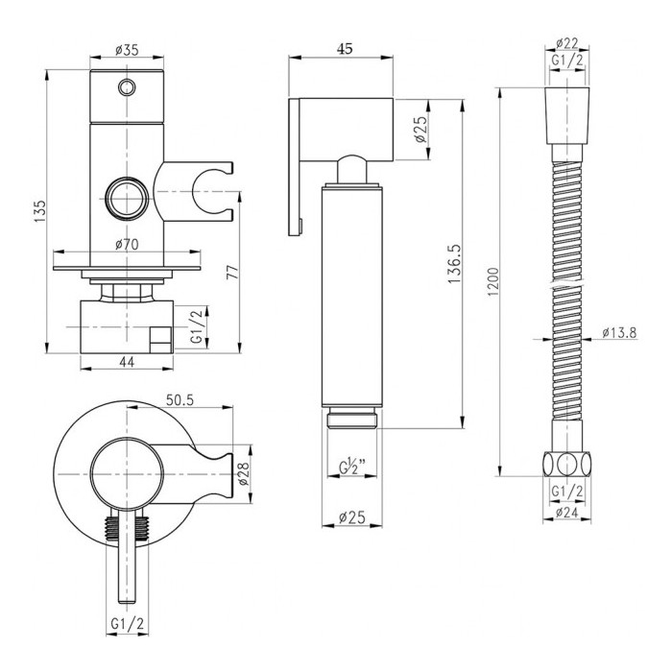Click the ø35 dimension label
pos(127,50)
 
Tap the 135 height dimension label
pos(40,211)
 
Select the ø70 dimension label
pos(127,244)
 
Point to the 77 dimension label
pos(231,273)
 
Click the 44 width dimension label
pos(127,362)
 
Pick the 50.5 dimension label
pos(180,400)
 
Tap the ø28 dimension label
pos(243,473)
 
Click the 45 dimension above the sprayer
pos(344,49)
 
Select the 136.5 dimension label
pos(454,264)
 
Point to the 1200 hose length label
pos(493,281)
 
